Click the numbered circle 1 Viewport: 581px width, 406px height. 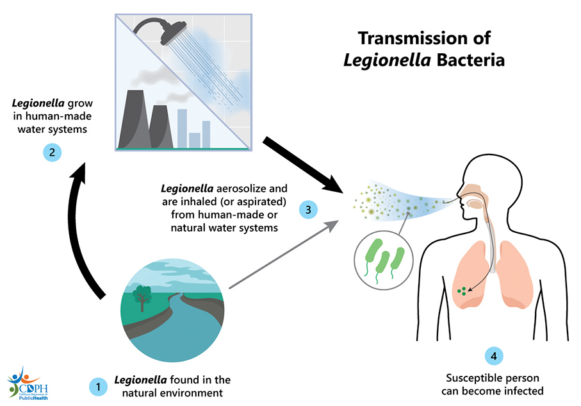(97, 386)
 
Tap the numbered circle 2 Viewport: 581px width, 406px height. (51, 153)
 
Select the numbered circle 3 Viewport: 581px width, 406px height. (309, 209)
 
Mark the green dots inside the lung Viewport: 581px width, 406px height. (461, 292)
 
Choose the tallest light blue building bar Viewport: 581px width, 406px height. (182, 128)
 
